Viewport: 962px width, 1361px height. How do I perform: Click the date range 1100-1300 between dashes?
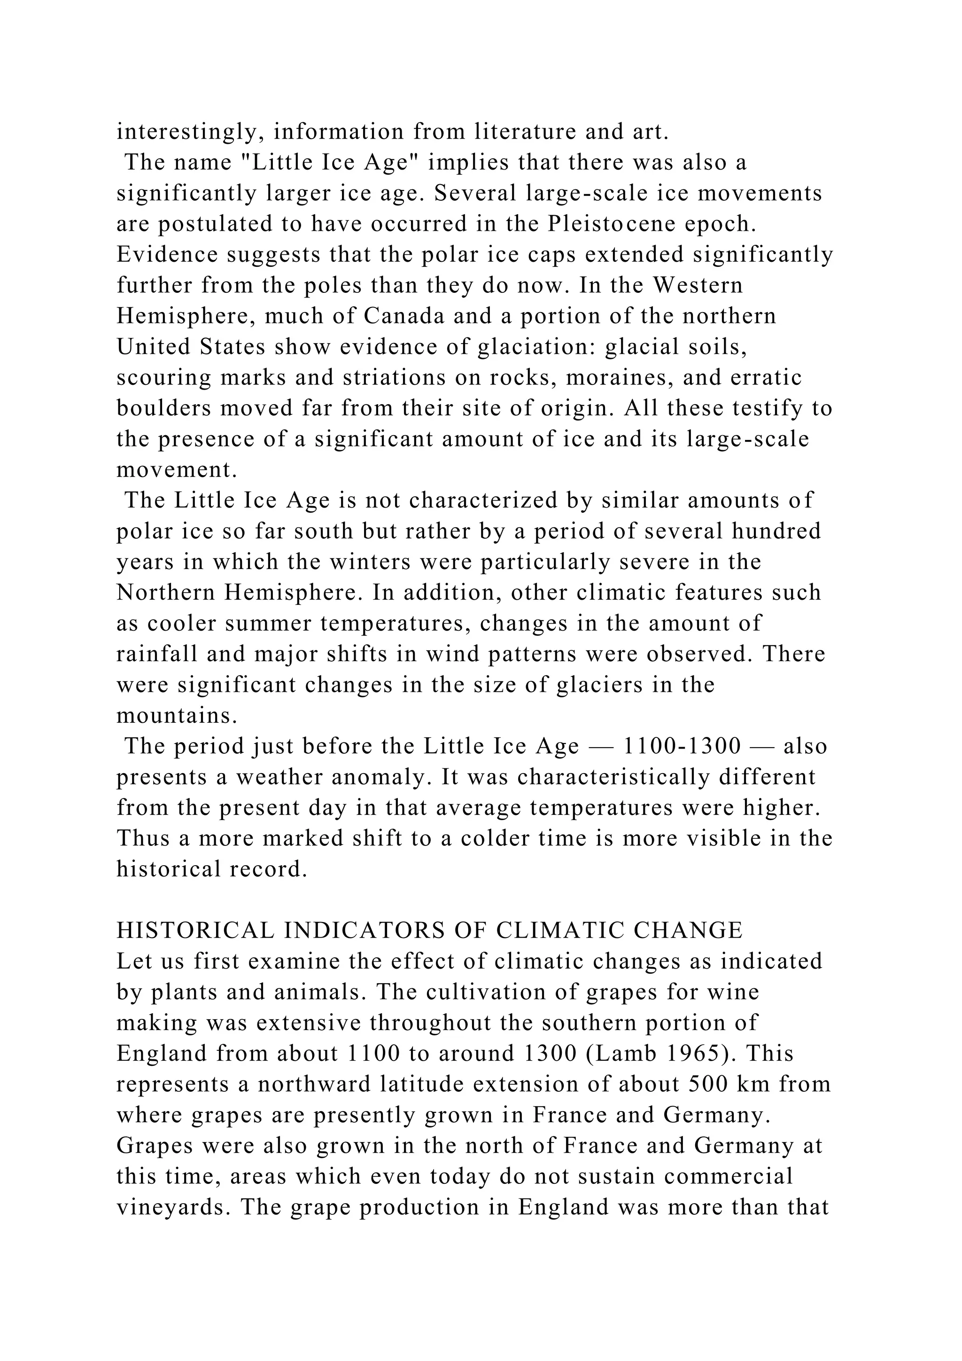[x=683, y=746]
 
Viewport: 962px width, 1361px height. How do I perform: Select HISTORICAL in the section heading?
[x=195, y=931]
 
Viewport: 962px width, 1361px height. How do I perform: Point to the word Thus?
[x=140, y=839]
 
